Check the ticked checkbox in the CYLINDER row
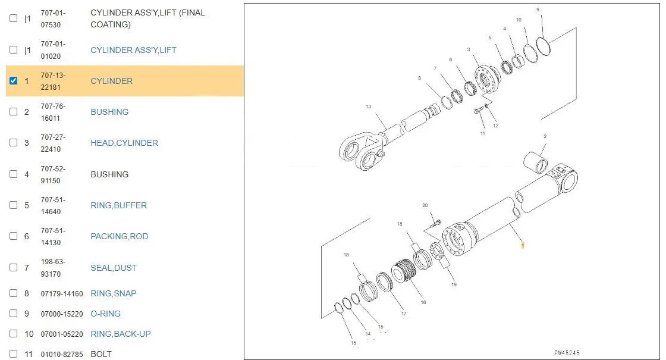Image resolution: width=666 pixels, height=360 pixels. point(14,80)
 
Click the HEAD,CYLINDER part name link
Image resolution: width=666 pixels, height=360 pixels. point(124,143)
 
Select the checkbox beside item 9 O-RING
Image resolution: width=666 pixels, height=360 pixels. point(14,313)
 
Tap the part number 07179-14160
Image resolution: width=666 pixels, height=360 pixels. point(62,294)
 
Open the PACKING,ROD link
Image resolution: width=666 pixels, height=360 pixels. point(120,236)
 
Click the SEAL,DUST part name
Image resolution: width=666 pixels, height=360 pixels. point(114,268)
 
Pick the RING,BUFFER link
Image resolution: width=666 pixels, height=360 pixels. point(118,205)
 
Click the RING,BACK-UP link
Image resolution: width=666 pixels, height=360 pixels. point(121,334)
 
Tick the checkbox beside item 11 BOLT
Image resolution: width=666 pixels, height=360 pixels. point(14,353)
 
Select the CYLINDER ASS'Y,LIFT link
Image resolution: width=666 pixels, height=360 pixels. point(133,50)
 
